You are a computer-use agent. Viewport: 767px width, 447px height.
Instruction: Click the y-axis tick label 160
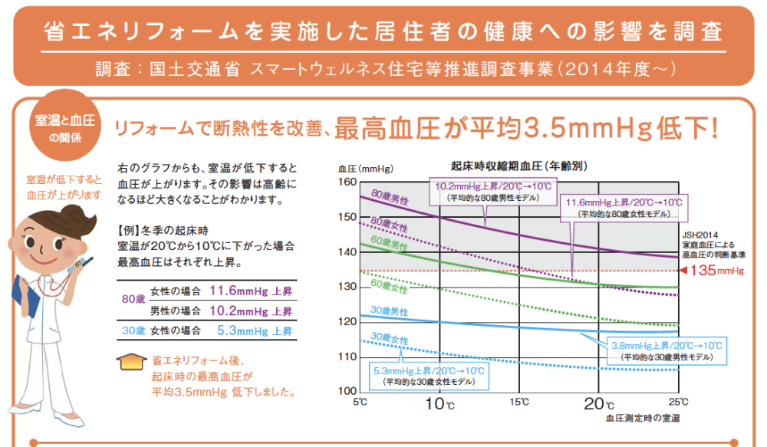click(347, 182)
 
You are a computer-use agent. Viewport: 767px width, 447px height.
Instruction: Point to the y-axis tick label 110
click(347, 357)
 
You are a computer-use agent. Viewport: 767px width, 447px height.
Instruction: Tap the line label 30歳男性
click(388, 311)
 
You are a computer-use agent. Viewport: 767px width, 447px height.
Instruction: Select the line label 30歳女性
click(388, 338)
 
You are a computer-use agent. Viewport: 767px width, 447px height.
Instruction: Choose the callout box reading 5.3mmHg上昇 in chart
click(428, 375)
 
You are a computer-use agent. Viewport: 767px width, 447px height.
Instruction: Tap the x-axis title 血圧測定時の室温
click(642, 419)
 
